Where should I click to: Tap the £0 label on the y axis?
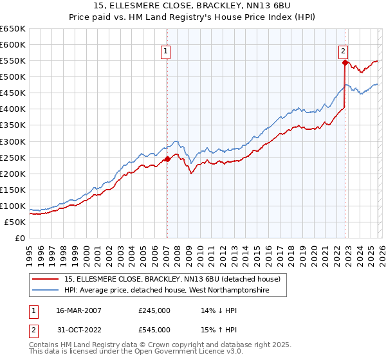pos(19,238)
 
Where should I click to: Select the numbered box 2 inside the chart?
pos(344,52)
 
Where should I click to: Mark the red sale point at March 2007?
pos(167,159)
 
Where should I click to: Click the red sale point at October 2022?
pos(345,62)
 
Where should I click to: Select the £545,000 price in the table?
pos(154,330)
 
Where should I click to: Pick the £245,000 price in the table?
pos(154,310)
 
